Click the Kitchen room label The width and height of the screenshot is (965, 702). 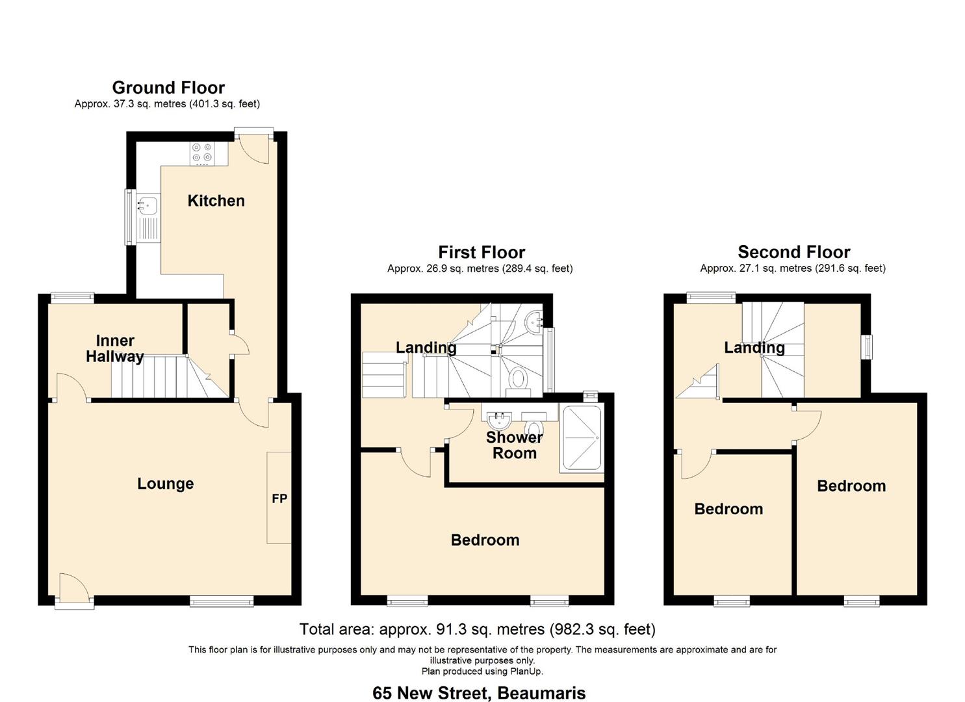tap(216, 201)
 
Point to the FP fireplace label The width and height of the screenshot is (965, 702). tap(279, 499)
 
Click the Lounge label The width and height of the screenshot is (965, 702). tap(165, 484)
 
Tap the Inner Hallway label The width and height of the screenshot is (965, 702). tap(115, 348)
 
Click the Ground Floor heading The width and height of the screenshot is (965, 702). tap(168, 88)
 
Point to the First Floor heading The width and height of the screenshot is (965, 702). tap(481, 252)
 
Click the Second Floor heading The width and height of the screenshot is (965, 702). tap(793, 252)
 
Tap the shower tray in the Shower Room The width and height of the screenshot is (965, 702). tap(582, 437)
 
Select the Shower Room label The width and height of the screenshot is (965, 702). tap(514, 445)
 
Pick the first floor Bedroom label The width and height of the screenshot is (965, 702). tap(485, 540)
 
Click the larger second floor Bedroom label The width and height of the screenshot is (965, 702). tap(851, 486)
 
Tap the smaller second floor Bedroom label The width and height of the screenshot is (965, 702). tap(728, 509)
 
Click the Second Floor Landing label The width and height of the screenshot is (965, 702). tap(754, 348)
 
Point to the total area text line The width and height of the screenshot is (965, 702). tap(477, 629)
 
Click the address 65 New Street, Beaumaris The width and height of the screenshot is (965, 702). tap(479, 693)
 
